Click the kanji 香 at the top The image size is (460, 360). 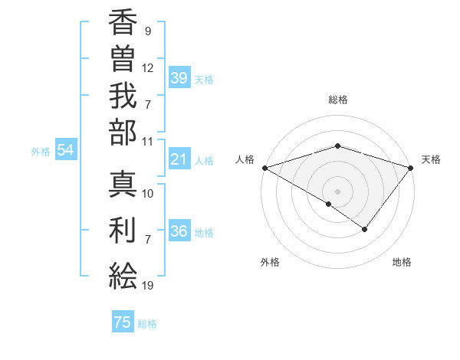click(x=123, y=25)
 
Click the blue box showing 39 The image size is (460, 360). click(x=179, y=78)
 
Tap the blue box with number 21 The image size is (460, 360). click(x=179, y=159)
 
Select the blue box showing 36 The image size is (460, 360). click(x=179, y=231)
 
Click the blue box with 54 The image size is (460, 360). click(x=66, y=151)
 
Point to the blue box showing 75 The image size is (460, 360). click(x=123, y=322)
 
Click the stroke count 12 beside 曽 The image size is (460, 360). click(x=148, y=67)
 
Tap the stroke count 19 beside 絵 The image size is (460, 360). click(x=148, y=286)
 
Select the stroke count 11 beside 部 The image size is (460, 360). click(x=148, y=141)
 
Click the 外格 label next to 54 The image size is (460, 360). click(x=41, y=152)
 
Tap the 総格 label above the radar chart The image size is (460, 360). click(x=338, y=100)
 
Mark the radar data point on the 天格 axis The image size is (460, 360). click(x=411, y=167)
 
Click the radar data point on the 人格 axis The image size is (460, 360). click(x=264, y=167)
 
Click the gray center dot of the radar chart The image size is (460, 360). click(x=337, y=191)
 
